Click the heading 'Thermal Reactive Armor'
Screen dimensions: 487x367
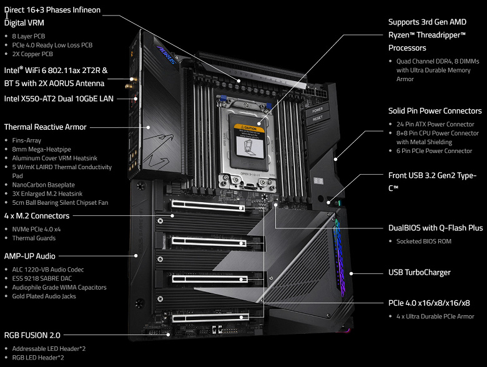(46, 127)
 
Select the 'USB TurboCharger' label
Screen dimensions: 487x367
(420, 272)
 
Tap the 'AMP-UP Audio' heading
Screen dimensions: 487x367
(30, 256)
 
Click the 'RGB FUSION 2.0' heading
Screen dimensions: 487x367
(32, 335)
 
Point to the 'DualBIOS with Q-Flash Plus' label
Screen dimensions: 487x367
(435, 228)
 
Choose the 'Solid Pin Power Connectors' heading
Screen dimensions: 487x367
(435, 111)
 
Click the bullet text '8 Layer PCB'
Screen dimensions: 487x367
(29, 36)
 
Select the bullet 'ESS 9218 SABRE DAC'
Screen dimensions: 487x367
(42, 278)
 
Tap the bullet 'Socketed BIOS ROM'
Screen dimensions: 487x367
(424, 242)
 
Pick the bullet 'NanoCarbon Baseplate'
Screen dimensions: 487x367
(44, 185)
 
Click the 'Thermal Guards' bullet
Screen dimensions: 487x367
(34, 238)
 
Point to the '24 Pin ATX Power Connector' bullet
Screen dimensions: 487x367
(435, 124)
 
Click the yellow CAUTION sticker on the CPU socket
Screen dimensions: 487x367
(250, 128)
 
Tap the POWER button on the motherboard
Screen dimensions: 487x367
(317, 110)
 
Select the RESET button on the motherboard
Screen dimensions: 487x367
(318, 119)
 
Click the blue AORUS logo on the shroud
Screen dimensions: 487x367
(167, 55)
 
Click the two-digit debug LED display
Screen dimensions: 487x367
(318, 180)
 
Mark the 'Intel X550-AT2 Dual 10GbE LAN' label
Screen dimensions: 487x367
(59, 99)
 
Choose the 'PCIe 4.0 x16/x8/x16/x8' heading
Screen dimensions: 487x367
(429, 303)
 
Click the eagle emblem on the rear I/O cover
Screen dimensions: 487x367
(159, 150)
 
